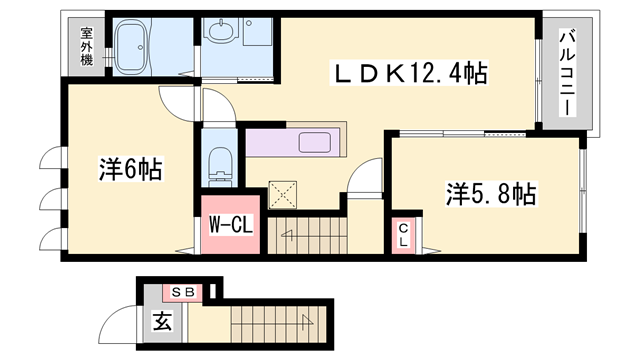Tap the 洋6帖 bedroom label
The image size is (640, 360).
(131, 170)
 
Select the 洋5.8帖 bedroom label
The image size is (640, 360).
(490, 194)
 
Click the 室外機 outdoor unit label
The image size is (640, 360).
(87, 46)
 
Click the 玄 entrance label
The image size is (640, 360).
(163, 323)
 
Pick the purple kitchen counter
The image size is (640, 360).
(296, 142)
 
